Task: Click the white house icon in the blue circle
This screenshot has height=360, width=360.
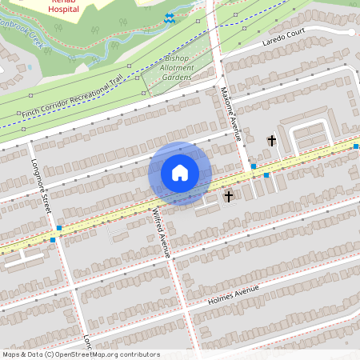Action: tap(180, 173)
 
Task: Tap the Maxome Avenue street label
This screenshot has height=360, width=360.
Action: tap(230, 114)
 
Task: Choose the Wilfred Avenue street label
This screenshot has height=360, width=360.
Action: tap(161, 232)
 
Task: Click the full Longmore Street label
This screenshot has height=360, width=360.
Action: tap(41, 183)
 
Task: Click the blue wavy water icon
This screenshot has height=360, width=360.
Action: tap(170, 18)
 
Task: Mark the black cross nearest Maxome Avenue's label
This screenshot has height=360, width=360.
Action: tap(271, 141)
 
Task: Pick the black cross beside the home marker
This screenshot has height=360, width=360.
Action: tap(228, 195)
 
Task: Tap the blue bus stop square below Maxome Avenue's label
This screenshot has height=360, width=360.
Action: tap(254, 166)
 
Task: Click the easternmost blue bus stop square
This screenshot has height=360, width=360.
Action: tap(356, 146)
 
